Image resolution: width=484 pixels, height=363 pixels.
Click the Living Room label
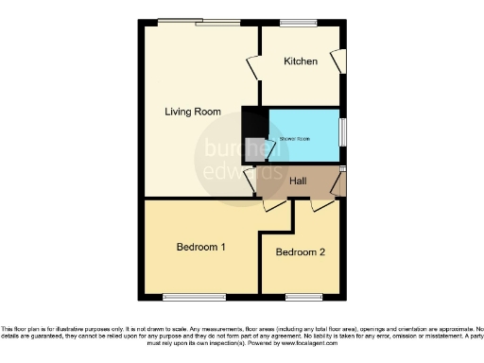point(193,112)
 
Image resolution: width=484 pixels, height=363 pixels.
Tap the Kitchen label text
point(302,61)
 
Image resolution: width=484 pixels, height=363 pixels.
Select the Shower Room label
point(294,139)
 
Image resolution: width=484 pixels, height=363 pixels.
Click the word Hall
point(298,180)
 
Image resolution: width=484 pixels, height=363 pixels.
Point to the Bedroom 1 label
point(200,248)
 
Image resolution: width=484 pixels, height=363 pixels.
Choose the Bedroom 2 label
point(300,252)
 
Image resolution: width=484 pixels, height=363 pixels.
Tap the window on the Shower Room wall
point(342,129)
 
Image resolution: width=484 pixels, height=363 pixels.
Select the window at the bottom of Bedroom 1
point(181,296)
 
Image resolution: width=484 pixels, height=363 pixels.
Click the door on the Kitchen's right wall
point(338,60)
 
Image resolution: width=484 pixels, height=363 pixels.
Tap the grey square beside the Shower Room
point(254,147)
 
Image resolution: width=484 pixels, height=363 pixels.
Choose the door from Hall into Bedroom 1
point(274,202)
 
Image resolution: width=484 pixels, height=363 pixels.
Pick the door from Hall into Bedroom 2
point(322,202)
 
